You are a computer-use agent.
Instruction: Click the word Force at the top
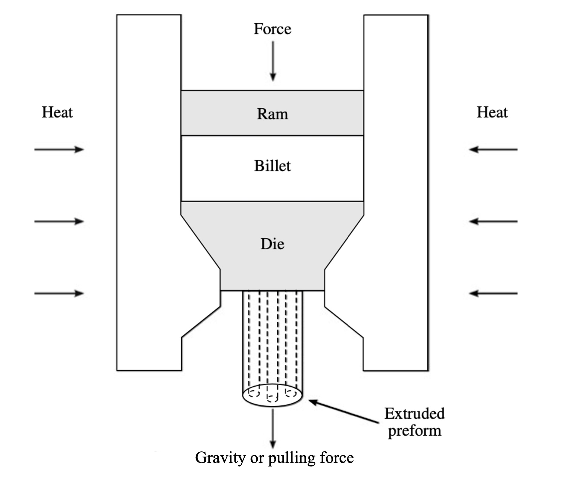tap(272, 29)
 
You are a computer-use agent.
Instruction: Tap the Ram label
tap(272, 114)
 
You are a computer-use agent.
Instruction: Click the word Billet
tap(272, 166)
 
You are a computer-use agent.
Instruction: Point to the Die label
tap(272, 244)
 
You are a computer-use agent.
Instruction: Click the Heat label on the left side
tap(57, 112)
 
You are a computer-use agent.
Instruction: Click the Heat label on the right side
tap(492, 112)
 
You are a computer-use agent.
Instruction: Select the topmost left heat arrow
tap(59, 149)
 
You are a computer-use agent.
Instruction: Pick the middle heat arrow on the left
tap(59, 222)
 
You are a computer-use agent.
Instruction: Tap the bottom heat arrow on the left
tap(59, 293)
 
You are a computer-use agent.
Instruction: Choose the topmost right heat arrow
tap(493, 149)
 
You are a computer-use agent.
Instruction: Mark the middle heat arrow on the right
tap(493, 222)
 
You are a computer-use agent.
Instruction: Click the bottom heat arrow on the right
tap(493, 293)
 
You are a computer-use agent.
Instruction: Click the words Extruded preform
tap(414, 422)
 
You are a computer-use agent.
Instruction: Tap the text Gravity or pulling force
tap(274, 458)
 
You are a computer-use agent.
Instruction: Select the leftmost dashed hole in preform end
tap(254, 393)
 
